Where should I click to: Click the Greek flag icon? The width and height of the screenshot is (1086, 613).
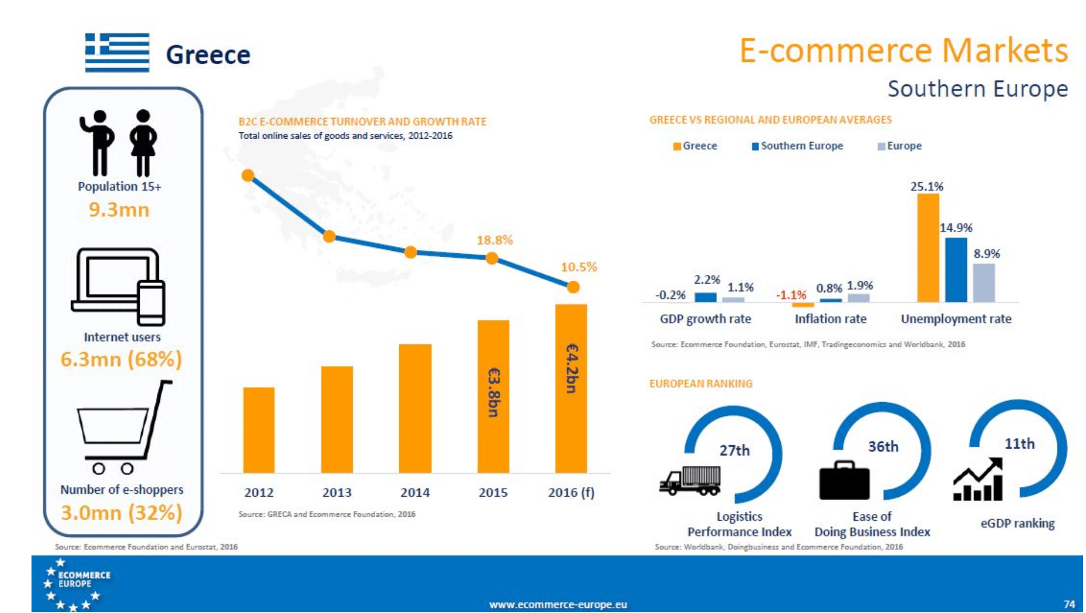coord(117,52)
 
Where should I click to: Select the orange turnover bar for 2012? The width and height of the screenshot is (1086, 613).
coord(259,430)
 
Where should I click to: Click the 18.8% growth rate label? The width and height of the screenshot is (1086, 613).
coord(495,240)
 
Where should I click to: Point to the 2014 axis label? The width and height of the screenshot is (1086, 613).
coord(415,493)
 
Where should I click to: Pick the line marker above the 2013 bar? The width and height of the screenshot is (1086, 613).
coord(329,236)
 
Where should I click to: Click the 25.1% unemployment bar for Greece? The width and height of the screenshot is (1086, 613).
coord(928,247)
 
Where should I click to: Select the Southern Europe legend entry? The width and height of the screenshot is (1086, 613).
coord(797,146)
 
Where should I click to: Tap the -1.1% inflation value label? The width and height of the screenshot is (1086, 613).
coord(791,295)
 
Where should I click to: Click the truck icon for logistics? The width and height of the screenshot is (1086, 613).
coord(690,480)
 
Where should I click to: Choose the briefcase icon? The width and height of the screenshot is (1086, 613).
coord(844,480)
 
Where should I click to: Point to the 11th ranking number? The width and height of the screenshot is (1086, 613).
coord(1020,444)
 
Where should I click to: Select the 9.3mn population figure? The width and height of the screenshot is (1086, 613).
coord(119,210)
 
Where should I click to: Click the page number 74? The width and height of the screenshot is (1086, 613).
coord(1069,604)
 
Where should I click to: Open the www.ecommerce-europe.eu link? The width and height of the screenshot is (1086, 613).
coord(558,604)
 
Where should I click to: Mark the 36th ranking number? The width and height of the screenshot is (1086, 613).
coord(883,447)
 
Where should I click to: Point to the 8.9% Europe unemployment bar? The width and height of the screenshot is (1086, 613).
coord(984,282)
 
